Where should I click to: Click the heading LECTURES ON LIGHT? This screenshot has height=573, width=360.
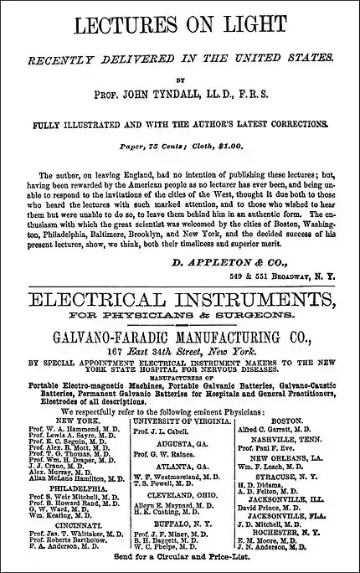(180, 26)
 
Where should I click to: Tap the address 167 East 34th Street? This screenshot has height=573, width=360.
(179, 352)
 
